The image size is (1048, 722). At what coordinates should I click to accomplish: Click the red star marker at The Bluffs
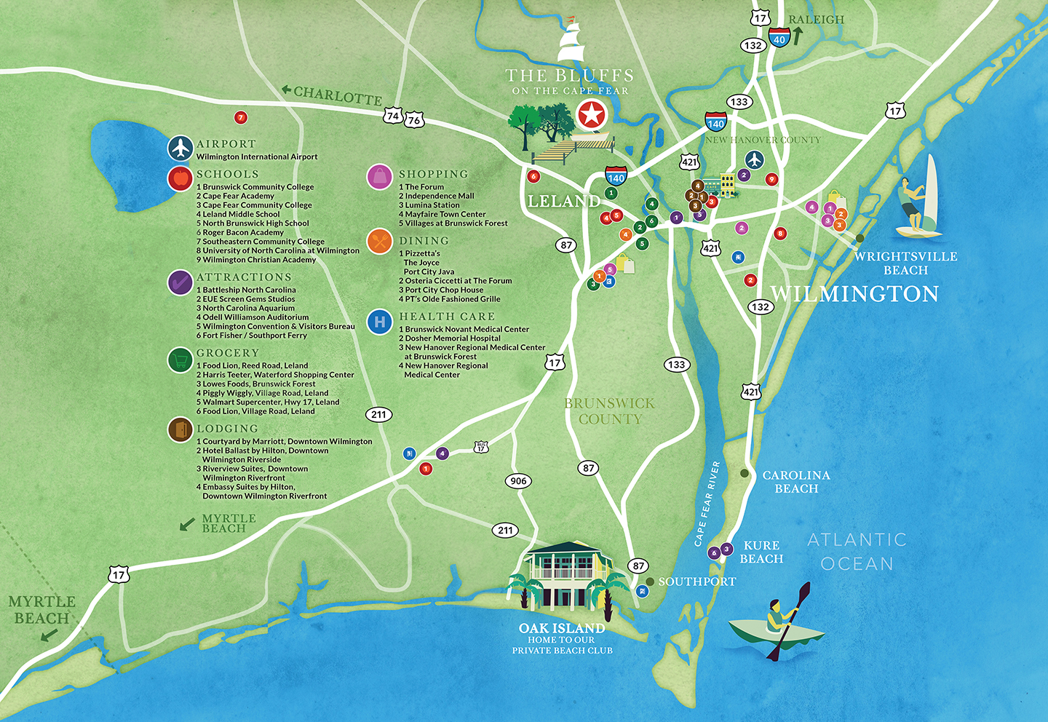591,115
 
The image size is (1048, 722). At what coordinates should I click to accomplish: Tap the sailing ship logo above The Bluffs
571,41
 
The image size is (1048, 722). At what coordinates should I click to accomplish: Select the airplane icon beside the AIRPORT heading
180,148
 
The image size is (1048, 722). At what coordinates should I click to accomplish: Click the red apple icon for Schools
180,178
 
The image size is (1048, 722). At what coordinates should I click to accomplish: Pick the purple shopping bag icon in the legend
379,177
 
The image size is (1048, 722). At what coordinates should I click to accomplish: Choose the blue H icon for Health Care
379,321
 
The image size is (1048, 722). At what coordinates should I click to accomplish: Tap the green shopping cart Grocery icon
180,360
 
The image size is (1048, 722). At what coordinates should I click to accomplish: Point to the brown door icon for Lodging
180,430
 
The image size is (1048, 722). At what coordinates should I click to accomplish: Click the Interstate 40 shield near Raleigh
779,38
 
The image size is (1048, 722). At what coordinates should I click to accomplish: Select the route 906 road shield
518,481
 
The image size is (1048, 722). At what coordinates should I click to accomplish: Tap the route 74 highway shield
393,116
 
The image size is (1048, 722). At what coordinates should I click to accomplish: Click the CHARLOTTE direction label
337,95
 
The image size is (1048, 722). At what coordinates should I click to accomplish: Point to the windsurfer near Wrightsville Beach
918,198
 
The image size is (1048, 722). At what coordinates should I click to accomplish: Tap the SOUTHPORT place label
696,582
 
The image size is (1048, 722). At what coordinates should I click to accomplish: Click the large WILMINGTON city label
854,294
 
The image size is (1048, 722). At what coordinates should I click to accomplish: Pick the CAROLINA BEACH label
795,482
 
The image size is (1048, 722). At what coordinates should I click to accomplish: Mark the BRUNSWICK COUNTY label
610,411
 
